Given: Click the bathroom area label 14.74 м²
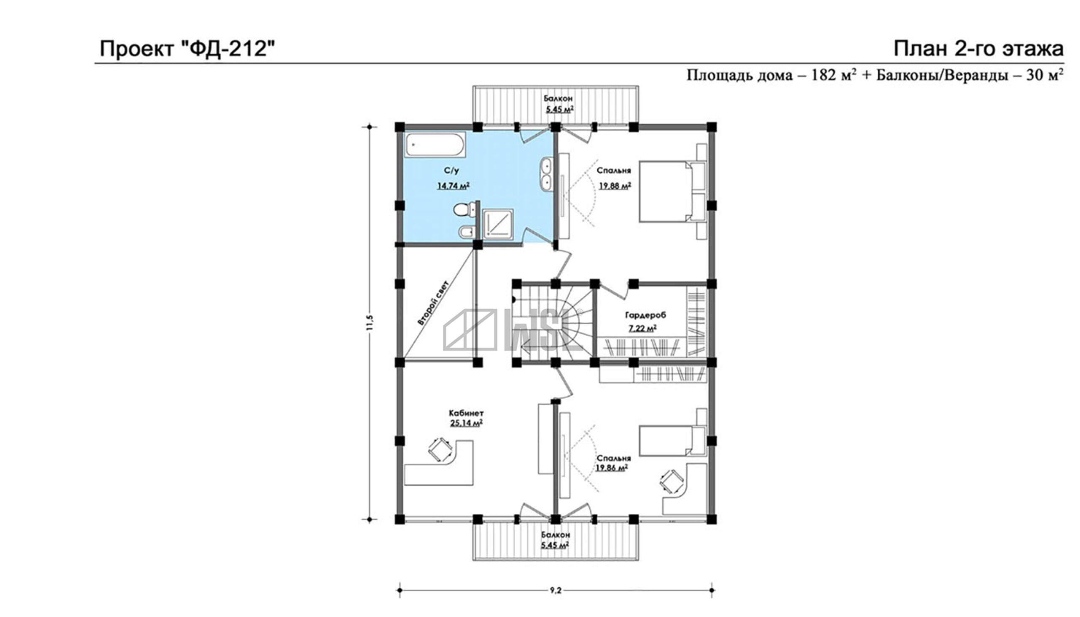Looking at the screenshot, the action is [x=453, y=186].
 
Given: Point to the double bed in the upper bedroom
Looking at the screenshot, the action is [x=672, y=191].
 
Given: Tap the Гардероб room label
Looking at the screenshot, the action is [x=645, y=315].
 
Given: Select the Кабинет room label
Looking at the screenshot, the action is [x=466, y=413].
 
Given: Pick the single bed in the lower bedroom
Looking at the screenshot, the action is [x=672, y=441].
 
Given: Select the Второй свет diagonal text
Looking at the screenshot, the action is [x=433, y=303].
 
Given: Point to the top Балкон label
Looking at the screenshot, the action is [x=558, y=98].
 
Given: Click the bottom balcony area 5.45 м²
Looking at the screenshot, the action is [x=555, y=545].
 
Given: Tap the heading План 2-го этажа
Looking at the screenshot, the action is [x=979, y=49].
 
